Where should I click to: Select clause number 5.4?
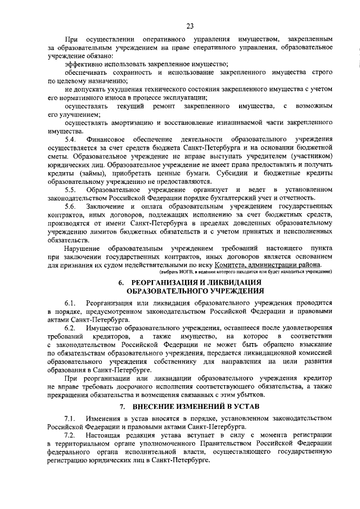(x=70, y=138)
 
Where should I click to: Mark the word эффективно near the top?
(x=83, y=66)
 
